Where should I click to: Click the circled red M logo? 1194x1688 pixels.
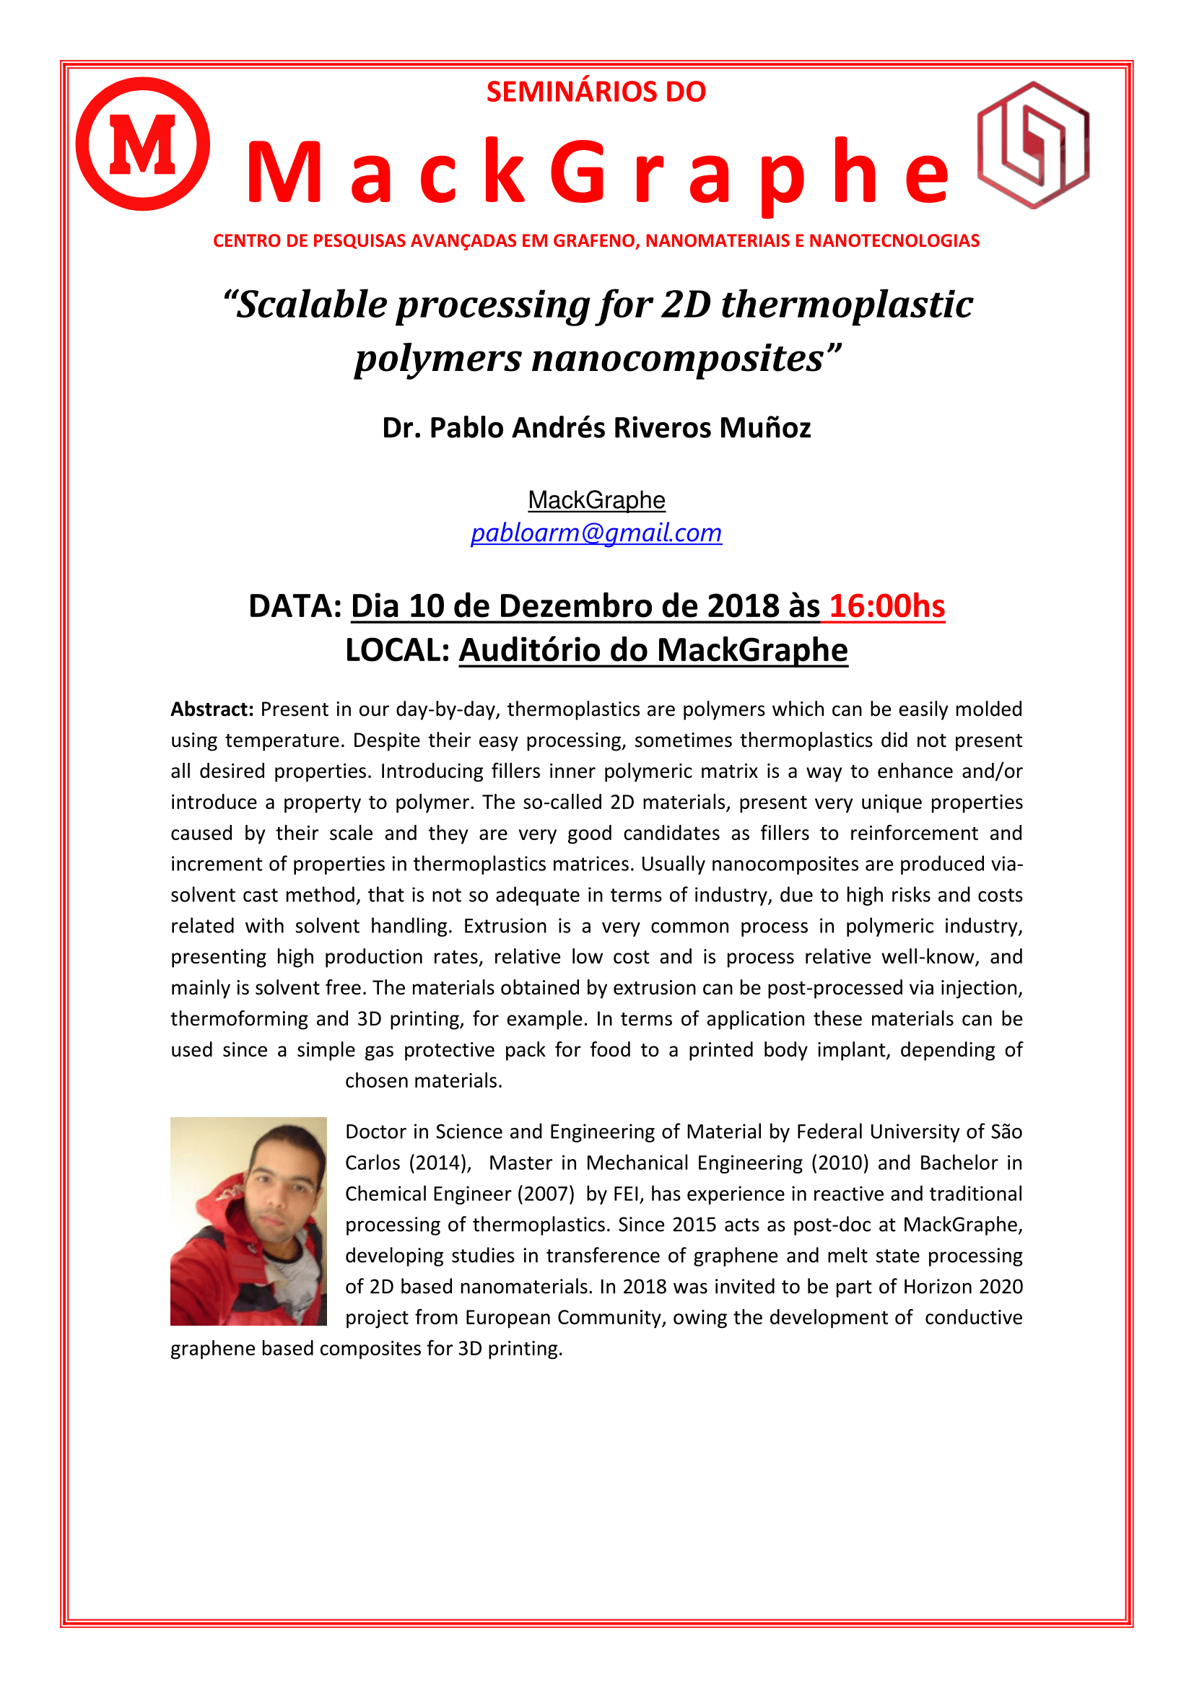[143, 144]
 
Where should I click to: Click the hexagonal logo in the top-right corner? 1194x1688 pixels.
[1032, 145]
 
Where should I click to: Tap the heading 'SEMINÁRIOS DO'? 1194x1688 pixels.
[596, 92]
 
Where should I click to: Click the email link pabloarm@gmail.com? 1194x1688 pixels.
[596, 533]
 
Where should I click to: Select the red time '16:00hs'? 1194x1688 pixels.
[886, 605]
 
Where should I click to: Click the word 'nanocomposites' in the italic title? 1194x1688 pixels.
[677, 359]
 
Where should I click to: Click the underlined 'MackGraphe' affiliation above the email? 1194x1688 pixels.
[596, 500]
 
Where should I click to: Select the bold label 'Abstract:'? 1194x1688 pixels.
[212, 709]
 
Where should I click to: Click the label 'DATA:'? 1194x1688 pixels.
[295, 605]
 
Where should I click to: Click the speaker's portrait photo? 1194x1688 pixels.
[248, 1221]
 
